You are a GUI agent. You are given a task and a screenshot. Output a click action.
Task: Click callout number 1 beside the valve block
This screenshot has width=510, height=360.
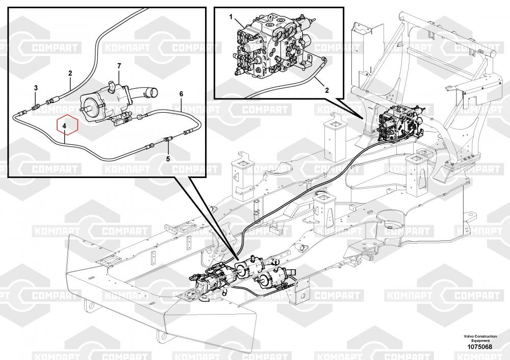231,17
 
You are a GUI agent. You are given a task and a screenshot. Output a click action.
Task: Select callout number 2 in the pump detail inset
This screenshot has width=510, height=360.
70,73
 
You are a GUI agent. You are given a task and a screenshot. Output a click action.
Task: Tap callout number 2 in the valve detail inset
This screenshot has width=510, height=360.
327,90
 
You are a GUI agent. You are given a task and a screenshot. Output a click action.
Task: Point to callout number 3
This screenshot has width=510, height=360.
36,88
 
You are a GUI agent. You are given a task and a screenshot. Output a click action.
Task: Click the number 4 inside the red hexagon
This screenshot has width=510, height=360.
64,125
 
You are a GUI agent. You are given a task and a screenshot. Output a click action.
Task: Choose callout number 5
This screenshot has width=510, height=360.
168,159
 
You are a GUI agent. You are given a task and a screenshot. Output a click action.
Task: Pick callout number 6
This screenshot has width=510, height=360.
181,94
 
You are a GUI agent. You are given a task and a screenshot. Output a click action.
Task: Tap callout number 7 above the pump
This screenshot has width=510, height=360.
119,66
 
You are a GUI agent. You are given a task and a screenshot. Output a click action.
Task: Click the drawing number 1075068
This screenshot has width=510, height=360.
480,347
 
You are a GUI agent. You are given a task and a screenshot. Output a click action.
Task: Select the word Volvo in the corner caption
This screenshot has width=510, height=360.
469,336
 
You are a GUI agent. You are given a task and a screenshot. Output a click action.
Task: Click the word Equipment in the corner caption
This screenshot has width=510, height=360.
480,341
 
